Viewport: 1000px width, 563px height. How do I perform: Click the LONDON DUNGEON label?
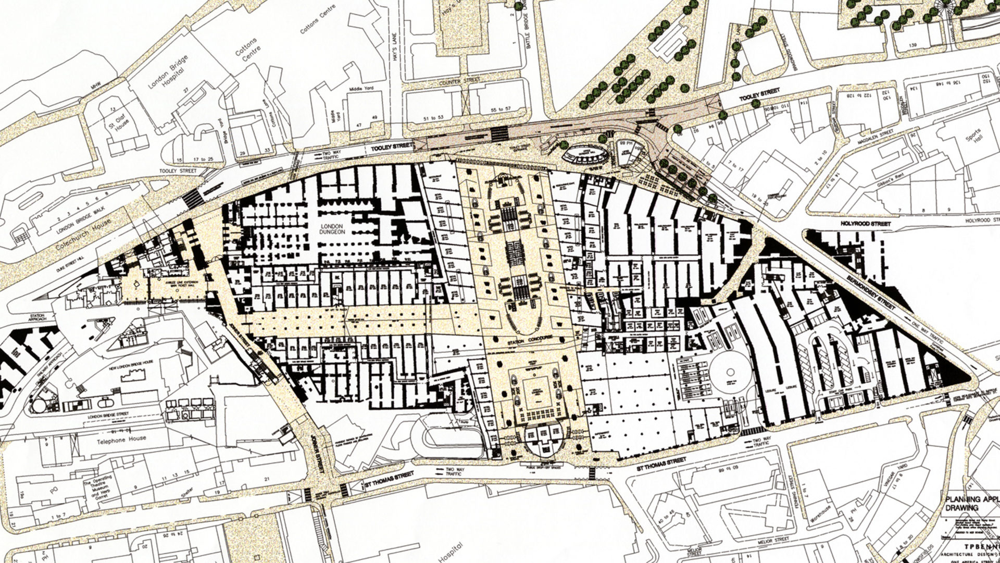[332, 228]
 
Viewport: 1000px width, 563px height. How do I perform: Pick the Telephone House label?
[121, 440]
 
